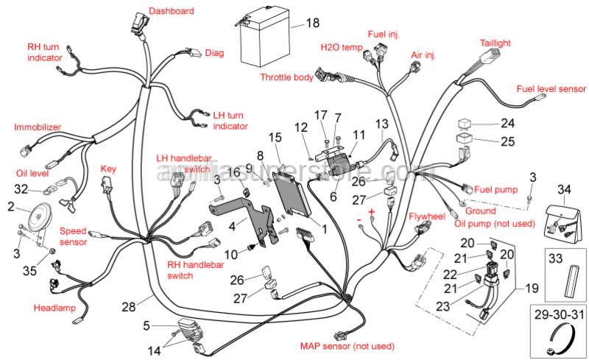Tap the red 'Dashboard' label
(x=172, y=11)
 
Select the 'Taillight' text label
(x=495, y=43)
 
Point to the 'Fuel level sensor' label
(x=551, y=88)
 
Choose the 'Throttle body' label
(x=286, y=77)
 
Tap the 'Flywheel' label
(x=427, y=216)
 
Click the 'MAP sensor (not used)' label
(x=346, y=346)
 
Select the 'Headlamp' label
(x=54, y=307)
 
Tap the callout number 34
(x=564, y=190)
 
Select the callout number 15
(x=275, y=137)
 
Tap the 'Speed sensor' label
(x=73, y=236)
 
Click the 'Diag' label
(x=214, y=52)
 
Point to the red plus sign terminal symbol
(x=372, y=212)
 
